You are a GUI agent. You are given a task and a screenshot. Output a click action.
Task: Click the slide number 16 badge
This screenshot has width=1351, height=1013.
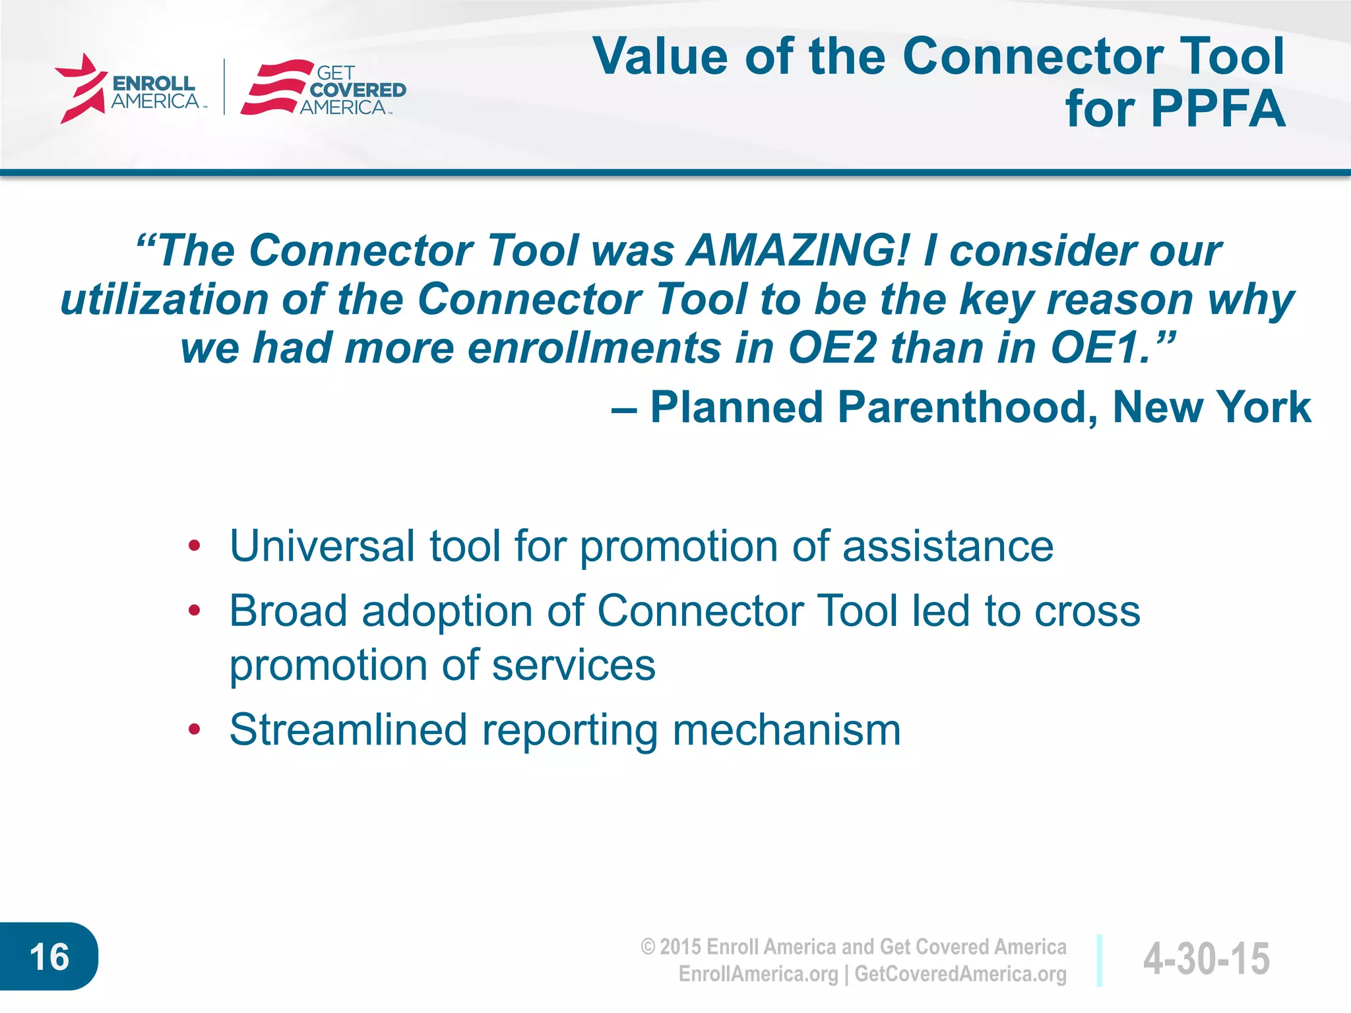(x=49, y=957)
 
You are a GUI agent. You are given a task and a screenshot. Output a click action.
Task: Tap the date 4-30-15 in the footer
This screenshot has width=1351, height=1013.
(x=1206, y=958)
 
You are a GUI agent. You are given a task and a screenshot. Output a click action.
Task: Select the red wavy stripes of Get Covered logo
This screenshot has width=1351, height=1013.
(x=273, y=88)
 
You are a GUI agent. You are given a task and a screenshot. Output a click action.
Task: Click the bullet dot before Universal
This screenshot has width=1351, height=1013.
(x=194, y=546)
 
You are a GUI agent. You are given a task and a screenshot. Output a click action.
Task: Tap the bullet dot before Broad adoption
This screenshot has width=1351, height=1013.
(x=194, y=611)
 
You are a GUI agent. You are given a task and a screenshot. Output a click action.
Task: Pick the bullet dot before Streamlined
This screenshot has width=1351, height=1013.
(x=194, y=729)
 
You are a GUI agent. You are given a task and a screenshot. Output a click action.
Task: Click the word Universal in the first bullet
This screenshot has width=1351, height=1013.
(x=322, y=546)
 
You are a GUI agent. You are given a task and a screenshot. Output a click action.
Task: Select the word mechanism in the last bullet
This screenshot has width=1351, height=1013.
(x=786, y=731)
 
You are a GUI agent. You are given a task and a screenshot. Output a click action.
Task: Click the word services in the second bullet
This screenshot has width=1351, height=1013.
(x=573, y=665)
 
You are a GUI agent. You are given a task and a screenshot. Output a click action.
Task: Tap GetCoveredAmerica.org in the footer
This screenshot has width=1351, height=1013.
(x=960, y=974)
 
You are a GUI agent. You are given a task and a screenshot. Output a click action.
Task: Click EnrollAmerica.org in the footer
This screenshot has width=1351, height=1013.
(x=758, y=974)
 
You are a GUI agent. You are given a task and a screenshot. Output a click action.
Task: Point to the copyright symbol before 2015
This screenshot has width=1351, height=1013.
(x=648, y=948)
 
